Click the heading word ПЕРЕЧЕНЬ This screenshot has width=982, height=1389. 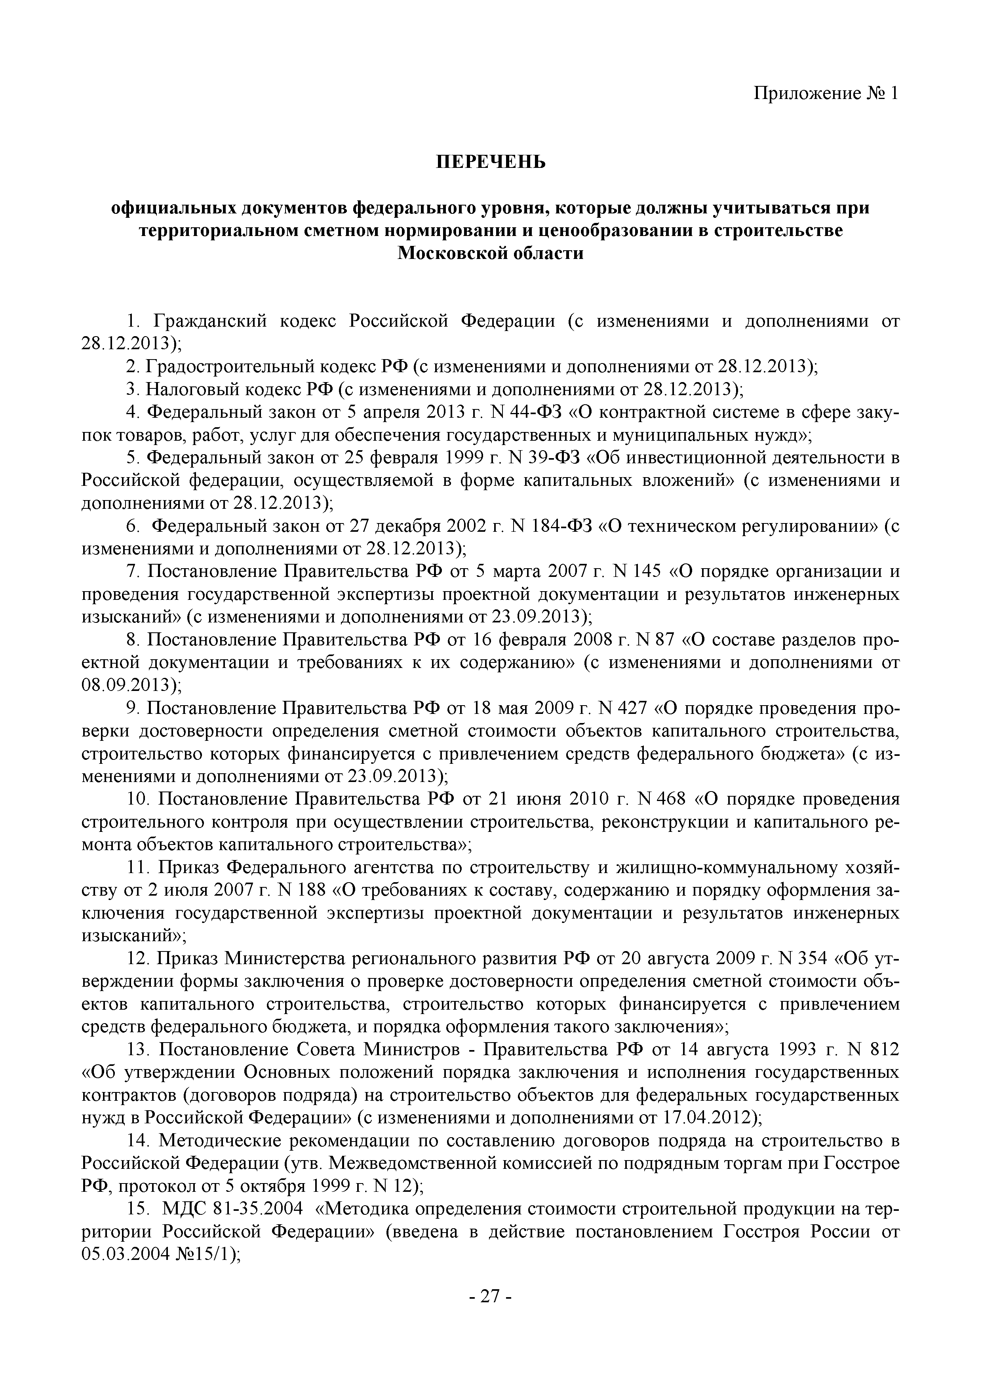(x=491, y=162)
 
